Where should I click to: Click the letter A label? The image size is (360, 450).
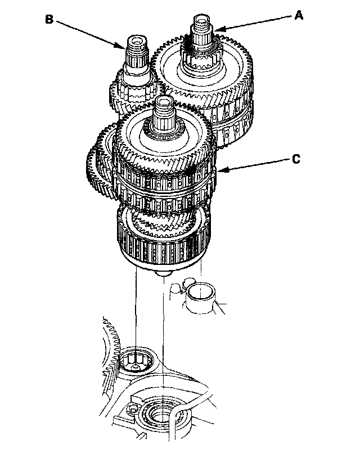[299, 15]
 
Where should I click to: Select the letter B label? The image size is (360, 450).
[49, 20]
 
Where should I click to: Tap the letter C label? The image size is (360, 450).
[296, 159]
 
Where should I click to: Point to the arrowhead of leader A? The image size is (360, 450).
[217, 29]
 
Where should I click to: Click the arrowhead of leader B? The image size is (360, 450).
[123, 46]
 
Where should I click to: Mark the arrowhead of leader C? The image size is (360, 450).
[220, 170]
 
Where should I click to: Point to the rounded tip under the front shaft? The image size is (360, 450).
[163, 273]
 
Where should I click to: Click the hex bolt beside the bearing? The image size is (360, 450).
[133, 409]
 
